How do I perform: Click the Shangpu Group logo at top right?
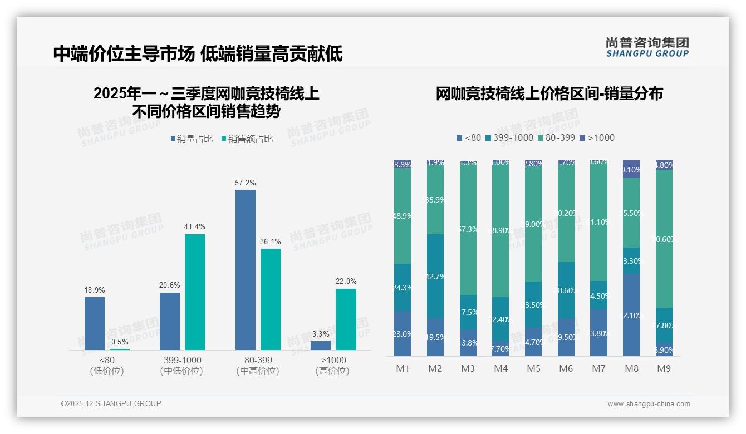tap(647, 47)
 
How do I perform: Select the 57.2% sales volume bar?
tap(245, 270)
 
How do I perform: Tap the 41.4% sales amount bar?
tap(194, 292)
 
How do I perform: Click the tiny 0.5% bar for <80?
tap(119, 349)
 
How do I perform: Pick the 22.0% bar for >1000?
tap(346, 319)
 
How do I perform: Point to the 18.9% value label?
tap(95, 290)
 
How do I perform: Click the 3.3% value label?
tap(321, 334)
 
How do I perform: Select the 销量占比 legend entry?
tap(192, 139)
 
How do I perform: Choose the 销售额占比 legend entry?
tap(247, 139)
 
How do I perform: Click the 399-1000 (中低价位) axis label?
tap(181, 366)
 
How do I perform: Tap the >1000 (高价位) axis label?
tap(333, 366)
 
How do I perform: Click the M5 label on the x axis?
tap(533, 369)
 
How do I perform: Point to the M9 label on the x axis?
tap(664, 369)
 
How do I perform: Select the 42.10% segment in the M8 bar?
tap(631, 314)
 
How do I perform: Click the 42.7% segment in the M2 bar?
tap(435, 276)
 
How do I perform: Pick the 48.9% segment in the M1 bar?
tap(403, 216)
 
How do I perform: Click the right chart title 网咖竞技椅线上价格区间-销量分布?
tap(549, 94)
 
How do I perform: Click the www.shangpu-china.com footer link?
tap(649, 404)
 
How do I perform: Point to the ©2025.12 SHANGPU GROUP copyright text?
tap(111, 403)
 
